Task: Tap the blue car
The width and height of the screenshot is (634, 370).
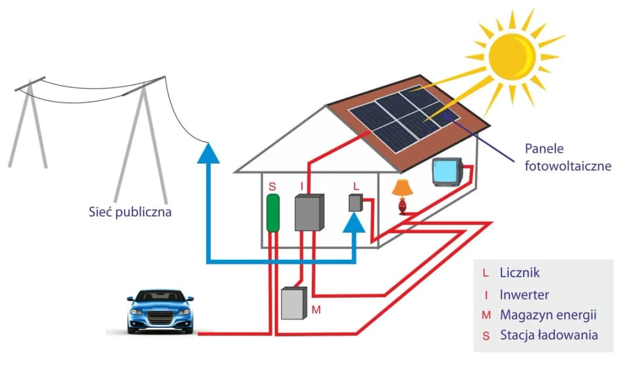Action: click(x=160, y=311)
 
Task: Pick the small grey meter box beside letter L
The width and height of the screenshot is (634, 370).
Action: click(x=355, y=203)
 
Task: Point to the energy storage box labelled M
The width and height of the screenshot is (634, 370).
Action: click(x=294, y=303)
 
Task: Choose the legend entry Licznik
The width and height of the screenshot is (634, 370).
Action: click(x=519, y=273)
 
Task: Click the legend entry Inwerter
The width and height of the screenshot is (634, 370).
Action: click(x=524, y=294)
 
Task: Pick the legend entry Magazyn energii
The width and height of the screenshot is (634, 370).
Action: click(x=547, y=315)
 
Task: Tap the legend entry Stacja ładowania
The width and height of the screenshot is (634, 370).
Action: click(x=548, y=335)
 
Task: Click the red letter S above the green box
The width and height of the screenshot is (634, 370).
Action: click(x=272, y=186)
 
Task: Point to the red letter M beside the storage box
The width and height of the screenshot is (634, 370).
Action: click(x=316, y=309)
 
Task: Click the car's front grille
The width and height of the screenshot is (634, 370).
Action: click(x=160, y=320)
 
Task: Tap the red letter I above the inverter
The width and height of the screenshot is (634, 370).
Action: click(x=302, y=186)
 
